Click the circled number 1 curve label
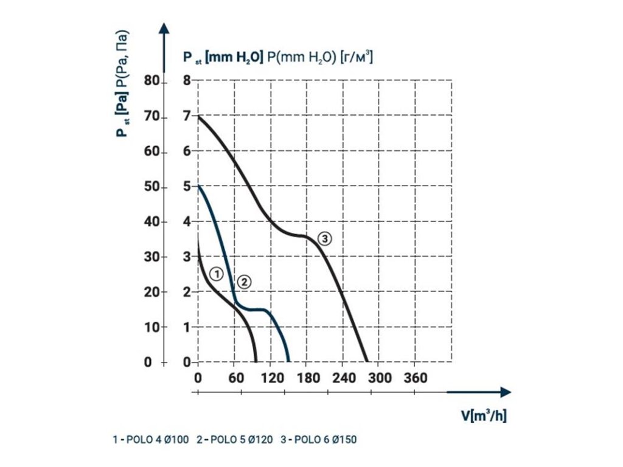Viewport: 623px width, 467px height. (215, 274)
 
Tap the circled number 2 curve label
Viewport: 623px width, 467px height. (243, 281)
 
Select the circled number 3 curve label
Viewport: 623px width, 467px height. (325, 239)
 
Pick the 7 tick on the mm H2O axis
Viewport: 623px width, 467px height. (187, 116)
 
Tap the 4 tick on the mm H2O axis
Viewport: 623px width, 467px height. (187, 222)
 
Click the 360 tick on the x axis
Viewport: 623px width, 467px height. (416, 378)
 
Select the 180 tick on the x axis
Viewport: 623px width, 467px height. (307, 378)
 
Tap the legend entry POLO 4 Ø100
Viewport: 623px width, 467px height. (151, 439)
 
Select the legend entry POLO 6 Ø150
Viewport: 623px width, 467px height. (319, 439)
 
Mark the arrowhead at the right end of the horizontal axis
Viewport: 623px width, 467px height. (506, 392)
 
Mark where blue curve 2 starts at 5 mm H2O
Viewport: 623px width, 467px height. (199, 186)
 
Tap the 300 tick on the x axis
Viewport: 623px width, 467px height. (379, 378)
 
